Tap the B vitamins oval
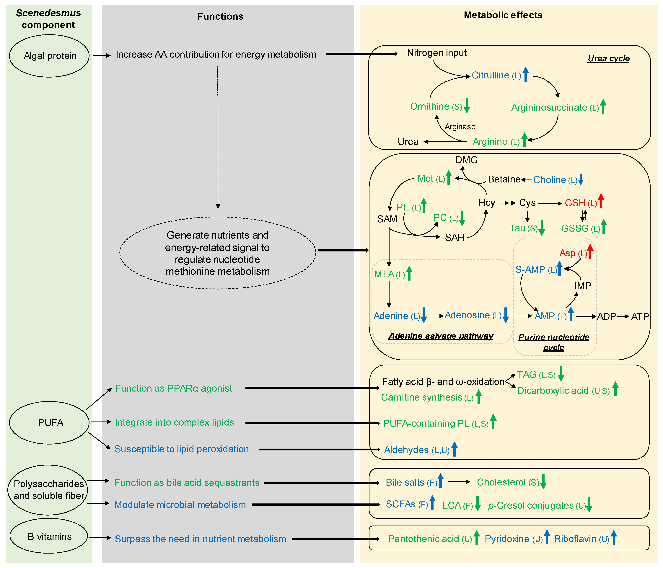pos(49,536)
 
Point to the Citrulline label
pos(490,75)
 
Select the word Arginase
pos(460,127)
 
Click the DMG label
pos(466,160)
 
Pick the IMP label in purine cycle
pos(583,286)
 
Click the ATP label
pos(640,316)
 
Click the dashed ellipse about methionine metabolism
pos(218,253)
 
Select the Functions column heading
pos(220,16)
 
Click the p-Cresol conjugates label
pos(530,505)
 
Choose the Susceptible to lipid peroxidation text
pos(181,449)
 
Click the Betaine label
pos(504,179)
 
